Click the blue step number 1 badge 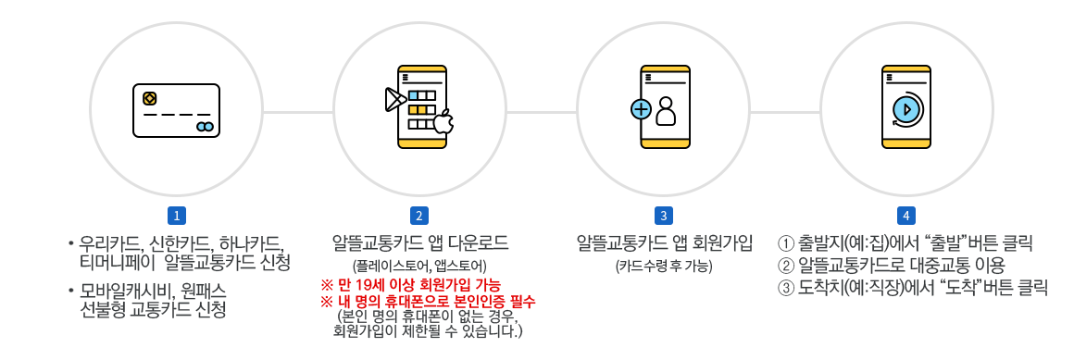(176, 216)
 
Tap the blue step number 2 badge (419, 216)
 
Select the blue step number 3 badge (663, 216)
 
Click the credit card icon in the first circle (176, 111)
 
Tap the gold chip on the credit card (149, 98)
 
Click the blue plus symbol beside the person (641, 109)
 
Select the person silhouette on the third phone (667, 111)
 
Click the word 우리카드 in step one (109, 245)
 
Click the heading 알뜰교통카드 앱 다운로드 (419, 243)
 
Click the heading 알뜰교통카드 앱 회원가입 (663, 243)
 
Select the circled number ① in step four (787, 244)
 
